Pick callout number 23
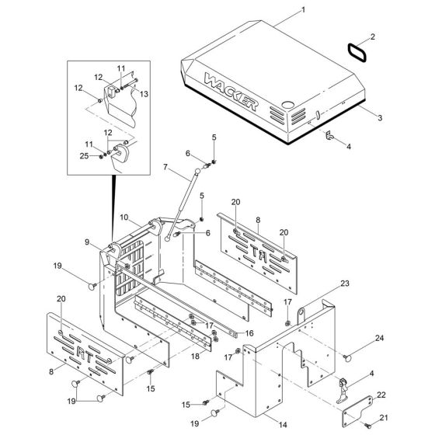pos(345,284)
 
